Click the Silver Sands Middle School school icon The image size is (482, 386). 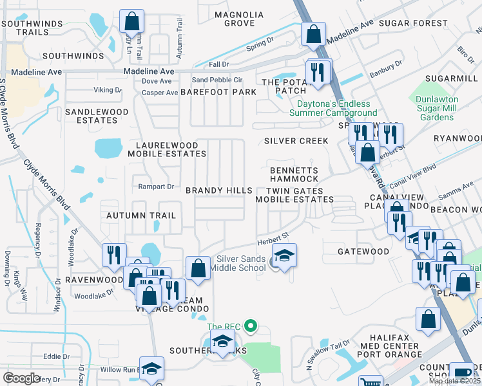[x=284, y=255]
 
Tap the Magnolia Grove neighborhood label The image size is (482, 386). [x=239, y=19]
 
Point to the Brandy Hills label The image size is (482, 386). [x=219, y=191]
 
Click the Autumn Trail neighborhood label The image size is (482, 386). [x=140, y=216]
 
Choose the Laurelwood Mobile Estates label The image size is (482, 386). [x=167, y=150]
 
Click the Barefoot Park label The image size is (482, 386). [x=218, y=93]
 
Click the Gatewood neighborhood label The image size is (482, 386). [x=363, y=252]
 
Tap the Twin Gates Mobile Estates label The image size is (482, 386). [x=294, y=195]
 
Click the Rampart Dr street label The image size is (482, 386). [x=157, y=187]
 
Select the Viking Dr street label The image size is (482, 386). [x=108, y=90]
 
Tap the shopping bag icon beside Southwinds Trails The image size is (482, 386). [x=131, y=21]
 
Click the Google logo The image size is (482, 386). [x=21, y=378]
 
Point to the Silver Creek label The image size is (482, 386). [x=287, y=141]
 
